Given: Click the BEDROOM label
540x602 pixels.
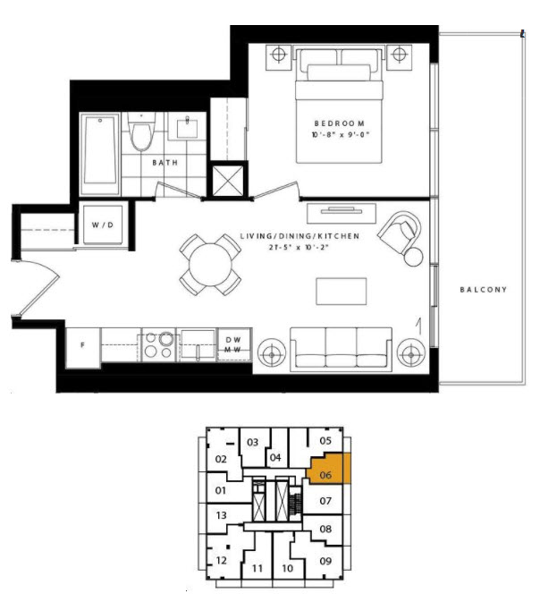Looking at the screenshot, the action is pyautogui.click(x=339, y=123).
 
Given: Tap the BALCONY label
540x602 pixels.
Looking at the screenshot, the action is pyautogui.click(x=483, y=290).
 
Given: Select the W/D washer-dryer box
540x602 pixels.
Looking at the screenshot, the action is pyautogui.click(x=103, y=225).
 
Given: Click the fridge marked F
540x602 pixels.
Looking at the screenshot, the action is pyautogui.click(x=83, y=348).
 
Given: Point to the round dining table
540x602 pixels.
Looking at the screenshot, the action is pyautogui.click(x=210, y=265).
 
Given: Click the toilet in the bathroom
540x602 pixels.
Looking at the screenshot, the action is pyautogui.click(x=141, y=132).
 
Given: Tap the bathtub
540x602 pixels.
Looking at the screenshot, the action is pyautogui.click(x=100, y=154).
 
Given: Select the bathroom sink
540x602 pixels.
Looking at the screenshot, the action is pyautogui.click(x=187, y=127).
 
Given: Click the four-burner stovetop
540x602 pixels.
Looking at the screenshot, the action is pyautogui.click(x=159, y=344).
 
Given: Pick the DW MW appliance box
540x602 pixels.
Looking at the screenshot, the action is pyautogui.click(x=233, y=344).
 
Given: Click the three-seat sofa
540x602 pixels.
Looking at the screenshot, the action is pyautogui.click(x=341, y=350).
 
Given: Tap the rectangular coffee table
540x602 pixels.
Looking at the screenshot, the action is pyautogui.click(x=342, y=292).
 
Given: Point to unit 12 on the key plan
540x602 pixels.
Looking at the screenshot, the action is pyautogui.click(x=222, y=561).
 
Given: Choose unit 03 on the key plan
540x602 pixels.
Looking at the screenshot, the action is pyautogui.click(x=252, y=443).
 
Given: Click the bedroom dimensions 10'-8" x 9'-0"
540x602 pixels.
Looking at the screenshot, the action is pyautogui.click(x=340, y=135).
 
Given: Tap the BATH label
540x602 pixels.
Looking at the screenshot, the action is pyautogui.click(x=165, y=163).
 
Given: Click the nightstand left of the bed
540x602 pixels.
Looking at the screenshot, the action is pyautogui.click(x=279, y=57).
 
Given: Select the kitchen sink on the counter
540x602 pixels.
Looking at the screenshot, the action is pyautogui.click(x=198, y=344).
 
